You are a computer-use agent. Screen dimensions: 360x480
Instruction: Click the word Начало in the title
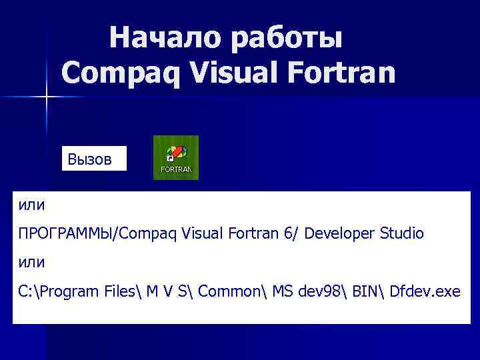165,38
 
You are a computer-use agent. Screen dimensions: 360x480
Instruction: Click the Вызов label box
94,159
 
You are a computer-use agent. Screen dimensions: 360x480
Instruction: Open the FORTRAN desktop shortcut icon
176,157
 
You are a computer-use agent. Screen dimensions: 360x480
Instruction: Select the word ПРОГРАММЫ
64,234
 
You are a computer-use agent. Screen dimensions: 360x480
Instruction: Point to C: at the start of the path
27,291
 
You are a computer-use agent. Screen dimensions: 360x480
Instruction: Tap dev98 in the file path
319,291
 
